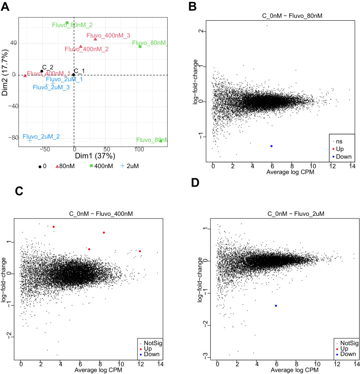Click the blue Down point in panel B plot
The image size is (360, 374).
pyautogui.click(x=271, y=146)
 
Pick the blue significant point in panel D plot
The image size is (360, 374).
pyautogui.click(x=276, y=306)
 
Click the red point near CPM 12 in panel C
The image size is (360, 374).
pyautogui.click(x=140, y=251)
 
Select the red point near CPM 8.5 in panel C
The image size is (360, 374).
pyautogui.click(x=104, y=233)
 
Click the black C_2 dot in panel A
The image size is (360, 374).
pyautogui.click(x=42, y=71)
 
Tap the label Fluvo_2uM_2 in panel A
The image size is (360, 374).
pyautogui.click(x=41, y=136)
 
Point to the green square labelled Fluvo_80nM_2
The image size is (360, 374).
pyautogui.click(x=67, y=23)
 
